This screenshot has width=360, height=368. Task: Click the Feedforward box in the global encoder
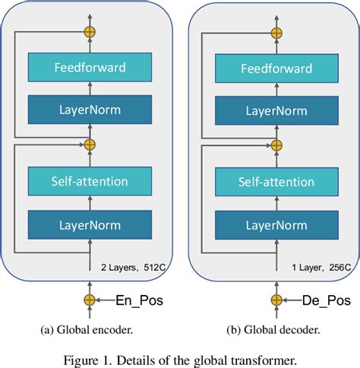point(90,68)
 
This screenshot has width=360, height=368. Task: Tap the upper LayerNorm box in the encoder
point(90,109)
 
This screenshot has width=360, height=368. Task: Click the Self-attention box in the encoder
point(90,181)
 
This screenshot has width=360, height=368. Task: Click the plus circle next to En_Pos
point(90,300)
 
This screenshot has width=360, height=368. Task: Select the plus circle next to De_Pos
point(274,300)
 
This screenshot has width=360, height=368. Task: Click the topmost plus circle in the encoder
point(90,33)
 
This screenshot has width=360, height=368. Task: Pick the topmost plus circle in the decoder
point(274,33)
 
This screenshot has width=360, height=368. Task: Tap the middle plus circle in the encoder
point(90,144)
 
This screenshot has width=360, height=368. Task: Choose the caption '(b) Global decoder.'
point(274,330)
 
